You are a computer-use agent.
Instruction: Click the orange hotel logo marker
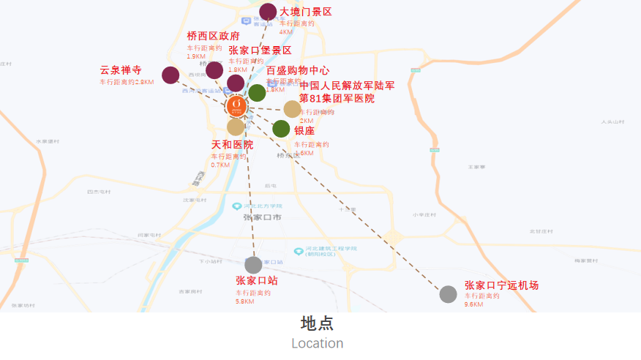236,105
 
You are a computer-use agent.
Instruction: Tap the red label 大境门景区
306,12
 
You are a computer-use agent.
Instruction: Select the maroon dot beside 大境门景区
268,12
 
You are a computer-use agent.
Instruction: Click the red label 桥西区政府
213,36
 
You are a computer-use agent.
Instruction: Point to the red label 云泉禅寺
121,70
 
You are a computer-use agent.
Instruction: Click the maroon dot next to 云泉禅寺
170,75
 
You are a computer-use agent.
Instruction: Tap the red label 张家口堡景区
260,50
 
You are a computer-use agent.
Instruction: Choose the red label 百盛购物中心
297,71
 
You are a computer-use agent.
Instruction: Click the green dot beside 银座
281,129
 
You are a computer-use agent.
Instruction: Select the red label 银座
304,131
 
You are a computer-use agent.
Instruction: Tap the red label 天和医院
232,145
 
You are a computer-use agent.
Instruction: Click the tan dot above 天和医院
236,127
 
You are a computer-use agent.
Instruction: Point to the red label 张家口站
256,280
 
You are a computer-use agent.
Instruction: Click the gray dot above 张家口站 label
253,265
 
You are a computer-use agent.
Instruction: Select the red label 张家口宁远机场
501,285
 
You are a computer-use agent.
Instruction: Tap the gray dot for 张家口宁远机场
449,294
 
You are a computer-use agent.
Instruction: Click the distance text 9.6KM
473,304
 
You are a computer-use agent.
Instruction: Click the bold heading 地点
317,323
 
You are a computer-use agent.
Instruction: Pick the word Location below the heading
317,343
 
